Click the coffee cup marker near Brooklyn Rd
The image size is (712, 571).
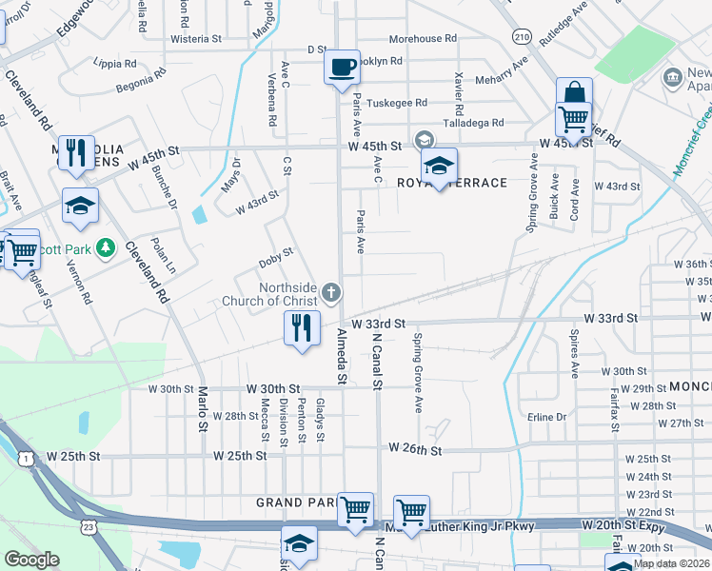click(x=342, y=68)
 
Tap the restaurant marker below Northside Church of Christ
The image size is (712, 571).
click(x=302, y=328)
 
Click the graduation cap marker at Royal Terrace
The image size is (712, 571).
click(x=439, y=166)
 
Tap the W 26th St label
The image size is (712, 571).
click(x=415, y=448)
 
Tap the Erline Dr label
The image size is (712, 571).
click(x=546, y=417)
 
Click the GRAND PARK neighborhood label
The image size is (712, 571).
click(x=293, y=502)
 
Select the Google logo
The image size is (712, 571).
click(x=31, y=560)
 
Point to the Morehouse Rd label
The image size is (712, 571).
click(x=423, y=39)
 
